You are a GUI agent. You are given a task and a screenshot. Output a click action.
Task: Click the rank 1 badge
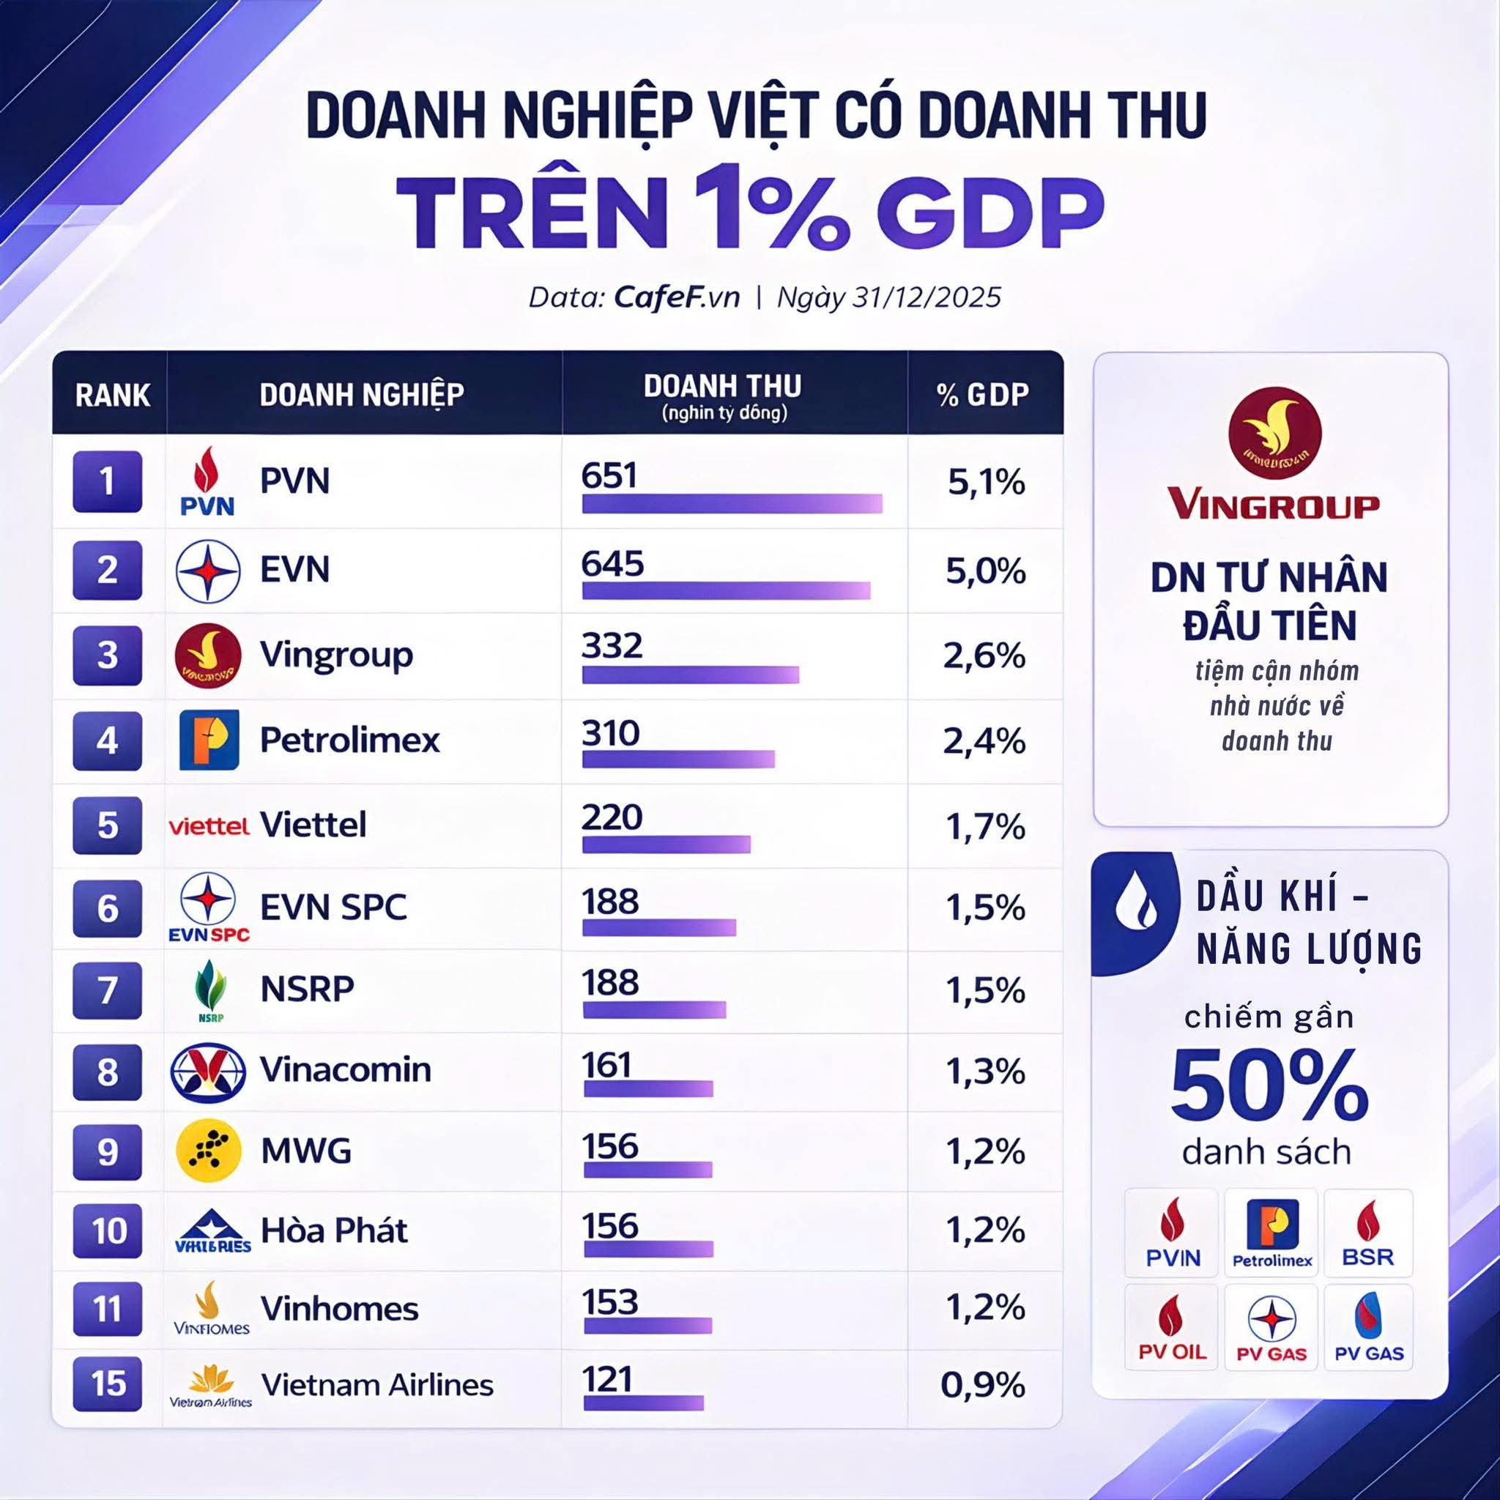pos(107,481)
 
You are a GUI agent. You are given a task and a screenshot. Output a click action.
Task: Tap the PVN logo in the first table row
pos(207,481)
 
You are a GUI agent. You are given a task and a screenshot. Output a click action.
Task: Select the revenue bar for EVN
pos(726,591)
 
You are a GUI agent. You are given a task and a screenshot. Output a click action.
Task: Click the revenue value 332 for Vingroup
pos(612,646)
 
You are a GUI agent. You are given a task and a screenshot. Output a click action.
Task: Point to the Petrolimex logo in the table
pos(209,739)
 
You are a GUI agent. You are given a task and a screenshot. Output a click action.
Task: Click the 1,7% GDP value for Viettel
pos(985,826)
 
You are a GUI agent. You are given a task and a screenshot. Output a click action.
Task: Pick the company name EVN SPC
pos(333,907)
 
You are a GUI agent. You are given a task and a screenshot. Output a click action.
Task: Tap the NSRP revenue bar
pos(654,1009)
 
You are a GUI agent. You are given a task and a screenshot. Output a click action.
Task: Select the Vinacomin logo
pos(208,1072)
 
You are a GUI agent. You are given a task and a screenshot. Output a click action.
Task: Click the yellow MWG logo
pos(208,1151)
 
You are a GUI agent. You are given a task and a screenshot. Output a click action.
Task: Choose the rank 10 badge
pos(108,1230)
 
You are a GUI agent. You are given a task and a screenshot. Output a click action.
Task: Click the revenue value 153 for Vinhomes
pos(610,1302)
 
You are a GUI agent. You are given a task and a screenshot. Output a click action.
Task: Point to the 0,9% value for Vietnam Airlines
pos(982,1385)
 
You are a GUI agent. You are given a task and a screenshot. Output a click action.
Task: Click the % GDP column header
pos(983,395)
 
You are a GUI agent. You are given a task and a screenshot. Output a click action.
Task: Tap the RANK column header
pos(113,396)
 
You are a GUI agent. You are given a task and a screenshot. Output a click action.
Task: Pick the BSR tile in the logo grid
pos(1368,1233)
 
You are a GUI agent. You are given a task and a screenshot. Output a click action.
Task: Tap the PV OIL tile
pos(1172,1329)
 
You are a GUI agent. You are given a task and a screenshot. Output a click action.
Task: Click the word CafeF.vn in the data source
pos(676,297)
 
